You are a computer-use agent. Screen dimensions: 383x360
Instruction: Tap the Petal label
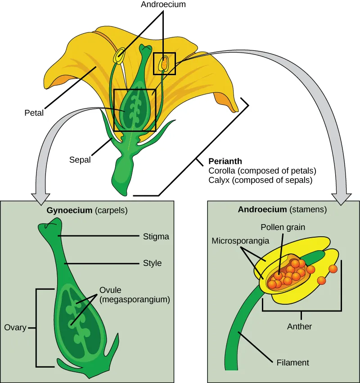pos(34,113)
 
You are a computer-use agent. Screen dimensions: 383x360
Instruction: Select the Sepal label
pos(80,159)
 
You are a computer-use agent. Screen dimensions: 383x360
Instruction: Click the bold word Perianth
pos(225,161)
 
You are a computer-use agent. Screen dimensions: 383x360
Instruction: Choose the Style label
pos(152,263)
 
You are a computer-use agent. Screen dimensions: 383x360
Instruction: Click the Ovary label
pos(14,328)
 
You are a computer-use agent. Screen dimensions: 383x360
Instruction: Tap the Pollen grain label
pos(283,227)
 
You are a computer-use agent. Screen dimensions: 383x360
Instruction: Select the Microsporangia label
pos(240,241)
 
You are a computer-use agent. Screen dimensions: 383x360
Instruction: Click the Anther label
pos(299,326)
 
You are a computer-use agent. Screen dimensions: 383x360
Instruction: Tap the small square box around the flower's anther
pos(164,63)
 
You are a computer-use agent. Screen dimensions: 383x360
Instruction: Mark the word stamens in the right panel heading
pos(310,210)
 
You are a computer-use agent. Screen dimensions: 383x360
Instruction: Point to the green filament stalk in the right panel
pos(241,333)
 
